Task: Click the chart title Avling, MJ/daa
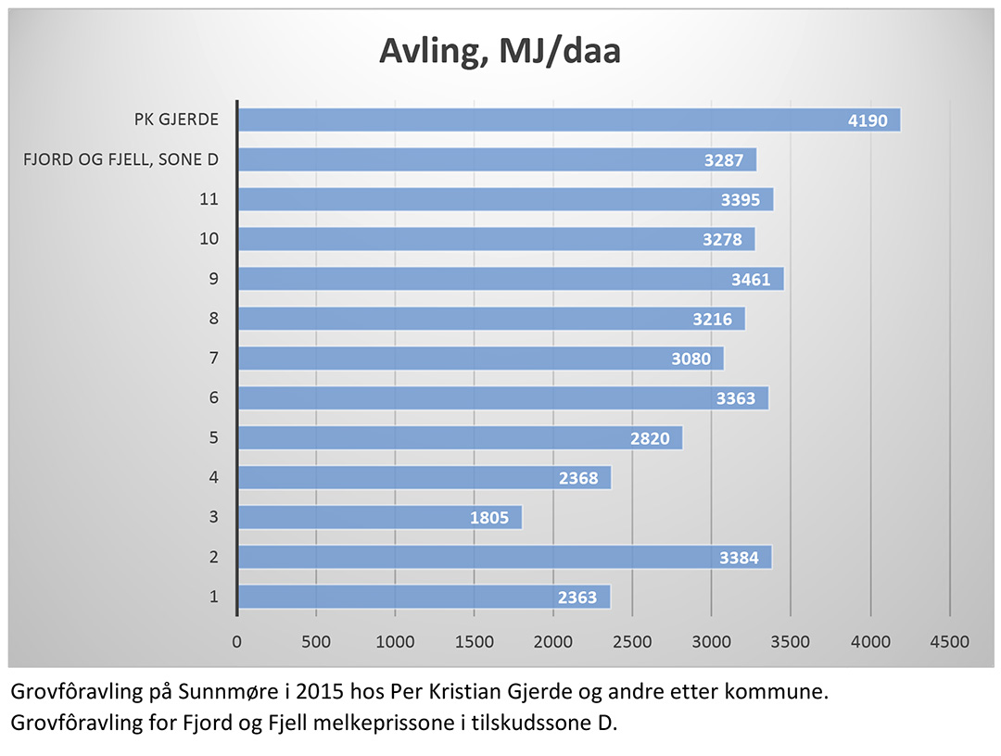(x=500, y=52)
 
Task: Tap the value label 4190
(x=869, y=120)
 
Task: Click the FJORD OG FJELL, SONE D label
(x=120, y=159)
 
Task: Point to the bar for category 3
(x=380, y=517)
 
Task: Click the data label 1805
(x=488, y=518)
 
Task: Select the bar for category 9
(x=511, y=279)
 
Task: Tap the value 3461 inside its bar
(x=750, y=279)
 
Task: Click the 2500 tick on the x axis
(x=632, y=641)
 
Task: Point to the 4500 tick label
(x=949, y=641)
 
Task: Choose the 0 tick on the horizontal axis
(x=237, y=641)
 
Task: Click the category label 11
(x=209, y=199)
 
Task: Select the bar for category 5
(x=460, y=438)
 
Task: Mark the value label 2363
(x=577, y=598)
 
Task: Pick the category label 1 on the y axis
(x=214, y=597)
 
